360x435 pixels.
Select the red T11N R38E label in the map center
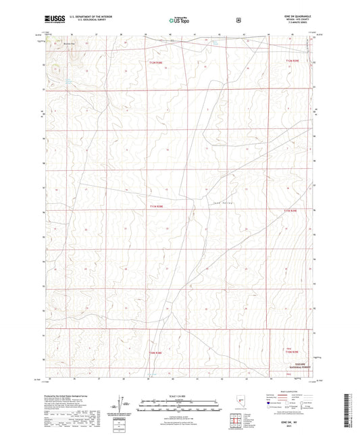click(x=156, y=207)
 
